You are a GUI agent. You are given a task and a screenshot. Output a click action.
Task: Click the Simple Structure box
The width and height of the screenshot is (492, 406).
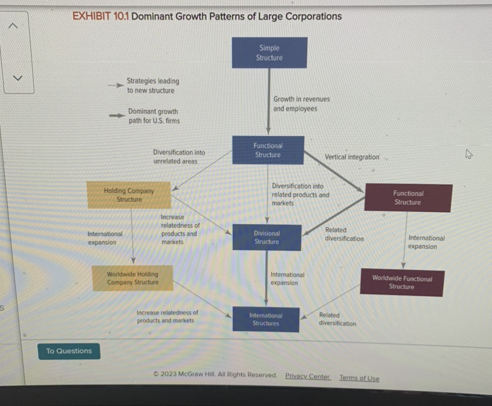click(269, 53)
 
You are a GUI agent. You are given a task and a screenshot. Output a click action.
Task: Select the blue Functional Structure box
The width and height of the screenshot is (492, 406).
click(268, 150)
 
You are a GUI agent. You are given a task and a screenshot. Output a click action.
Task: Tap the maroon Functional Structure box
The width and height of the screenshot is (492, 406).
click(408, 198)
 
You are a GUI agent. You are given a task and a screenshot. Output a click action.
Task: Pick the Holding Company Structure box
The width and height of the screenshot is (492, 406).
click(129, 195)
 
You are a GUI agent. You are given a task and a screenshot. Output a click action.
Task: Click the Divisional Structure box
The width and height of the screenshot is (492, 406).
click(267, 238)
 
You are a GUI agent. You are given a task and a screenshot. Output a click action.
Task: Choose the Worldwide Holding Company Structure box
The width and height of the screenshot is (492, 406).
click(133, 278)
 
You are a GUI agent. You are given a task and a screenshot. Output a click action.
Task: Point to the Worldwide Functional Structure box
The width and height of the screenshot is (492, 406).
click(402, 282)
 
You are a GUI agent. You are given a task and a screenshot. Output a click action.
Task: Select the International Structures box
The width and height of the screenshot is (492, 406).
click(266, 319)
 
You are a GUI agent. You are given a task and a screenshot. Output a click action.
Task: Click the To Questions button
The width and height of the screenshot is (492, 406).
click(69, 351)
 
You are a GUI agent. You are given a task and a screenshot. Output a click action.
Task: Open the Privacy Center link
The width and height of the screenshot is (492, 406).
click(307, 376)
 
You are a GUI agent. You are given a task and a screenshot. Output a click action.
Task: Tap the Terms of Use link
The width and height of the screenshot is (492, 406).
click(359, 378)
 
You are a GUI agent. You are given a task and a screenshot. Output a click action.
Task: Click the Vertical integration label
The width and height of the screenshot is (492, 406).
click(352, 157)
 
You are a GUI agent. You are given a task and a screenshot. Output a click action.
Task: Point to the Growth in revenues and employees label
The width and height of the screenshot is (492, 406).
click(301, 104)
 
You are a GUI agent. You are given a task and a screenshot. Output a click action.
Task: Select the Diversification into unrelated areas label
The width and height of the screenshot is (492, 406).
click(179, 157)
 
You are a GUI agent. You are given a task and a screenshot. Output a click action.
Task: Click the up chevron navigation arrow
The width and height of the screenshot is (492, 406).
click(17, 25)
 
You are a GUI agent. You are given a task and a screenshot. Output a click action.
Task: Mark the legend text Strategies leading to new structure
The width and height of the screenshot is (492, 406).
click(153, 86)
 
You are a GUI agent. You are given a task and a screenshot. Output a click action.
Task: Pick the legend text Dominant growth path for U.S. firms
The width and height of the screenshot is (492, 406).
click(153, 116)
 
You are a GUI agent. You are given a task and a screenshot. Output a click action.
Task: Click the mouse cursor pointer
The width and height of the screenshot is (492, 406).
click(468, 155)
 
